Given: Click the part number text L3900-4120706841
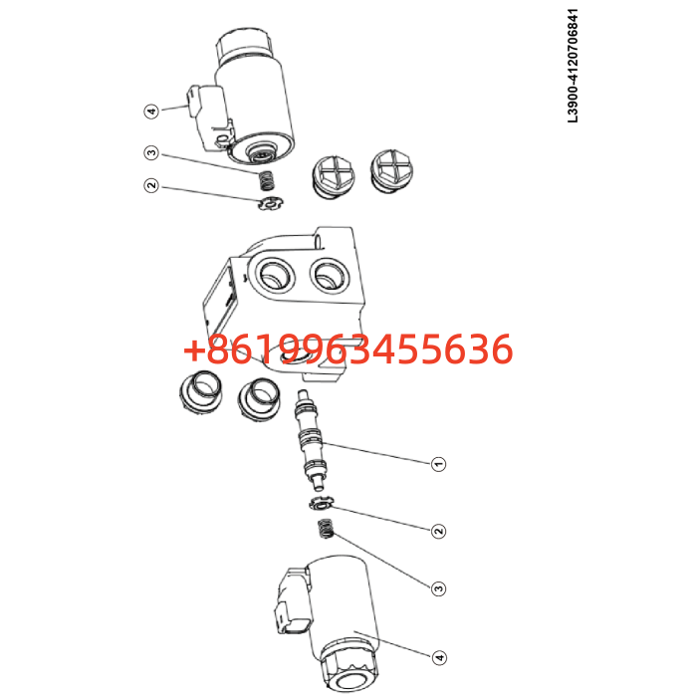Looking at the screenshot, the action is pyautogui.click(x=573, y=66).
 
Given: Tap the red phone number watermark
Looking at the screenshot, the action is pyautogui.click(x=348, y=348).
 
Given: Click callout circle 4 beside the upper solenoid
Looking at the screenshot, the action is pyautogui.click(x=151, y=111).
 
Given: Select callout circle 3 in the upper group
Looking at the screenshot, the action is pyautogui.click(x=151, y=153).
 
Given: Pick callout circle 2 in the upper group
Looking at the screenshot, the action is pyautogui.click(x=151, y=185).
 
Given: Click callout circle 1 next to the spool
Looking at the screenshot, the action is pyautogui.click(x=439, y=464).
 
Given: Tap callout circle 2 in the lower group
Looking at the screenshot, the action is pyautogui.click(x=439, y=531).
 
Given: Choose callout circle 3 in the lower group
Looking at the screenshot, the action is pyautogui.click(x=439, y=588).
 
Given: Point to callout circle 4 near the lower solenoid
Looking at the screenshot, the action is pyautogui.click(x=439, y=657).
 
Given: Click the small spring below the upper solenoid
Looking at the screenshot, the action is pyautogui.click(x=266, y=180).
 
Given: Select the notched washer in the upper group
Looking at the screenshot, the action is pyautogui.click(x=272, y=204).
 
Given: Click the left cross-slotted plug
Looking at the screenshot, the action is pyautogui.click(x=335, y=177).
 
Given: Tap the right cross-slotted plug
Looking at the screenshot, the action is pyautogui.click(x=392, y=171).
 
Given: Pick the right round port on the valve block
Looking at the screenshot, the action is pyautogui.click(x=330, y=276).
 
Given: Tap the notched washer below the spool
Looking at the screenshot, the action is pyautogui.click(x=321, y=503).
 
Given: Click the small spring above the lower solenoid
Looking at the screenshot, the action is pyautogui.click(x=327, y=529).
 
